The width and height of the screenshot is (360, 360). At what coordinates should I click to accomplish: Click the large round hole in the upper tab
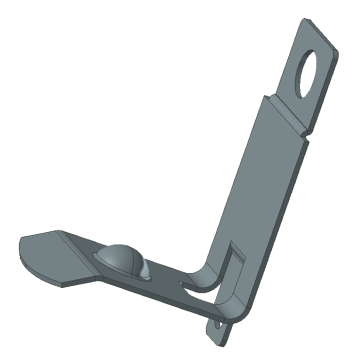click(x=315, y=72)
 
